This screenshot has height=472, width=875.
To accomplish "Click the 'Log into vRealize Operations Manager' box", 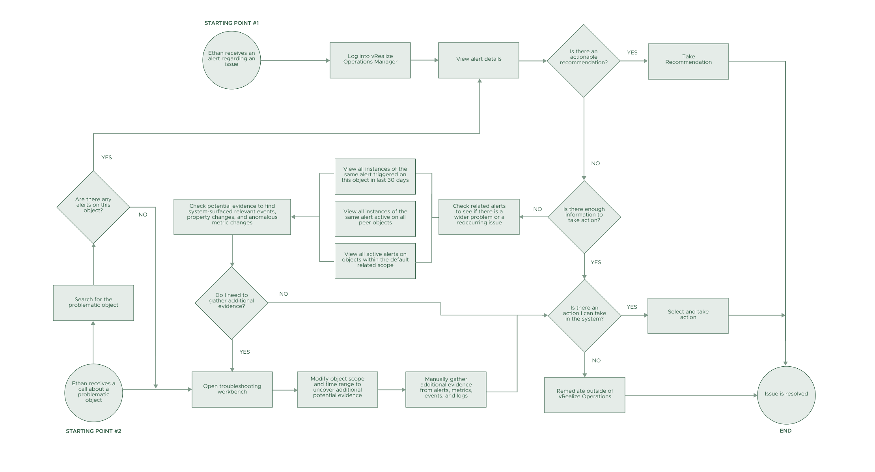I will coord(370,60).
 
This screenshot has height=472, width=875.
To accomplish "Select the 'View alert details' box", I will coord(478,60).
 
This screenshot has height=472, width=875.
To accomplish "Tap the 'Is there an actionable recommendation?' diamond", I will coord(584,61).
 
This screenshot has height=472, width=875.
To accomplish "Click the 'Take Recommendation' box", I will coord(688,61).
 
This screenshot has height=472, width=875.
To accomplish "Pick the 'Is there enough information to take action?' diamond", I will coord(584,217).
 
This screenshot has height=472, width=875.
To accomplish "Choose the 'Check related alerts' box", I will coord(479,216).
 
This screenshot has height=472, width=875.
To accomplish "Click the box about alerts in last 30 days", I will coord(375,176).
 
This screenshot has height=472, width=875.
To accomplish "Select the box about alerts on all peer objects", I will coord(375,218).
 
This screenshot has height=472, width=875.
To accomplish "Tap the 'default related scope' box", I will coord(375,261).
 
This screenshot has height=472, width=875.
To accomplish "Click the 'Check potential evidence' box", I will coord(232,216).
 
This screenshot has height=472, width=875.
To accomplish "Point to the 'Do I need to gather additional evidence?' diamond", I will coord(231,302).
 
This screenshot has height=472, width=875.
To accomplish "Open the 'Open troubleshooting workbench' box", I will coord(232,389).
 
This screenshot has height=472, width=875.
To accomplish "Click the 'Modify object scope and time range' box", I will coord(337,389).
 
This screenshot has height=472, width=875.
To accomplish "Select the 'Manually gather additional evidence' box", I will coord(446,389).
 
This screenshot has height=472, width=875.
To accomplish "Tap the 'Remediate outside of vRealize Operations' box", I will coord(584,395).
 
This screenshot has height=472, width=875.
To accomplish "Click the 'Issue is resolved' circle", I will coord(786,395).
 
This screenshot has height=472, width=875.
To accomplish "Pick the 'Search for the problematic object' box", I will coord(93,302).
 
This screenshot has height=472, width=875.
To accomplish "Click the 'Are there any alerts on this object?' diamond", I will coord(93,207).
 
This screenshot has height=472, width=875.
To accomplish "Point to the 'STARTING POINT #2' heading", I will coord(93,431).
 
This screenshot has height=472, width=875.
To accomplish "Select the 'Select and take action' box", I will coord(688,315).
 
